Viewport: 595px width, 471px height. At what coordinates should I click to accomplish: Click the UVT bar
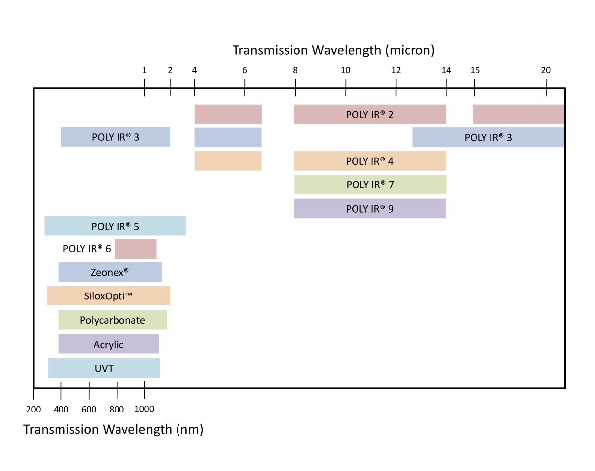(104, 368)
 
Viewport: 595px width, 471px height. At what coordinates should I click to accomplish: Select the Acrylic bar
(109, 344)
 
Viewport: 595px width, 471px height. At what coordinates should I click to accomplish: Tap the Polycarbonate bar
(113, 320)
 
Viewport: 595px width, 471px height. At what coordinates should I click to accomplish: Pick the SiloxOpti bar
(109, 295)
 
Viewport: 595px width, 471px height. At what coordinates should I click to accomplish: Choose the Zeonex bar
(110, 272)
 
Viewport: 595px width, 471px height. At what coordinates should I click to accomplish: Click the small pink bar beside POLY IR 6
(135, 249)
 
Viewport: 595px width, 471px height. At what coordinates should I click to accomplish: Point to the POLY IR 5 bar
(116, 226)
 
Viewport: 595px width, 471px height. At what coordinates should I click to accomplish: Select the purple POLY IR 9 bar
(370, 209)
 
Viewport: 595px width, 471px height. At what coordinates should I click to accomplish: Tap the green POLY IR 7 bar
(370, 184)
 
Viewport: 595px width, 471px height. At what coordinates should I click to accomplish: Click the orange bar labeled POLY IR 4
(370, 161)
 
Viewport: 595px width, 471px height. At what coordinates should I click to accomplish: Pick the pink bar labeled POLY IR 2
(370, 114)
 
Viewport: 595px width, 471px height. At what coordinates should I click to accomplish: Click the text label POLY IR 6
(87, 249)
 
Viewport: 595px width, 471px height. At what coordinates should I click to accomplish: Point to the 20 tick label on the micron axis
(546, 70)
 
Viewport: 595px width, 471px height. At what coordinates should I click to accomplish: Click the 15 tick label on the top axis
(475, 70)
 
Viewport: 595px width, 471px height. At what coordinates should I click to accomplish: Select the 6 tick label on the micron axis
(244, 70)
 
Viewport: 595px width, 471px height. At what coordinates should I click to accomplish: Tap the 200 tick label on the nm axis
(33, 410)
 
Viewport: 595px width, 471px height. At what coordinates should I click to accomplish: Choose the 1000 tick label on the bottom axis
(144, 409)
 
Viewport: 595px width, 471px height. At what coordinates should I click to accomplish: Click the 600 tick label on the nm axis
(89, 410)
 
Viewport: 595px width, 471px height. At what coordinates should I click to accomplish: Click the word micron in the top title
(410, 51)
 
